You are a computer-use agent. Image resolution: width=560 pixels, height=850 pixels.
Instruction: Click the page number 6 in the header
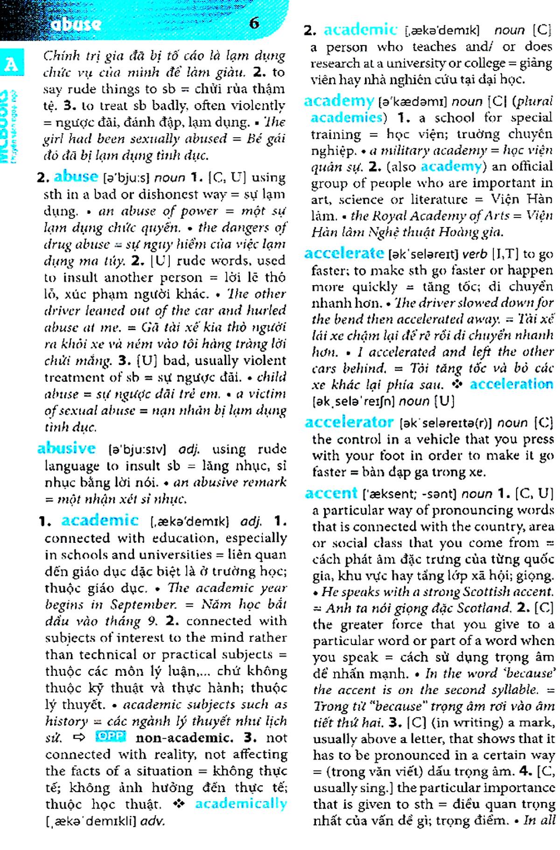(x=254, y=22)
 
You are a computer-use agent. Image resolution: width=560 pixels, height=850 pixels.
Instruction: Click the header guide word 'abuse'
(x=76, y=24)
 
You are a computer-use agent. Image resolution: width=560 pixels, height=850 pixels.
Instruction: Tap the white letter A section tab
(x=11, y=64)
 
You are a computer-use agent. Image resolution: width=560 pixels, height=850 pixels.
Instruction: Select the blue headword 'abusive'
(x=66, y=448)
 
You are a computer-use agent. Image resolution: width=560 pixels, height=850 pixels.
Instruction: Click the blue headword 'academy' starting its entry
(x=339, y=100)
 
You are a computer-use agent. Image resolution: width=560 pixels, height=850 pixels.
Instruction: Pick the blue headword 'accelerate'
(x=344, y=253)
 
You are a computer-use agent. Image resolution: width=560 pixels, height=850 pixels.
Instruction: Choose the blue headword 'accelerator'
(x=349, y=422)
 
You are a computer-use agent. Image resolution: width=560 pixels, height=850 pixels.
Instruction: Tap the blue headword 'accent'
(x=330, y=493)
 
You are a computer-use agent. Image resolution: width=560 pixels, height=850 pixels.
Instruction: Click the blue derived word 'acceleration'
(x=511, y=384)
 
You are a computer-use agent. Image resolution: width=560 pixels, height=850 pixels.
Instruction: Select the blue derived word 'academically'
(x=241, y=803)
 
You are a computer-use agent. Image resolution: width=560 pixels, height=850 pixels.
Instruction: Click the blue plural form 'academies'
(x=346, y=117)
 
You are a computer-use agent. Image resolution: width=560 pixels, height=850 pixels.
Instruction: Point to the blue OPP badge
(x=111, y=737)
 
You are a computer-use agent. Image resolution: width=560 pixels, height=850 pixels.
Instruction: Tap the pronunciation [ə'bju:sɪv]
(x=137, y=450)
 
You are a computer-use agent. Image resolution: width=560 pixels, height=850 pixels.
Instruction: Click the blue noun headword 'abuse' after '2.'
(x=76, y=176)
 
